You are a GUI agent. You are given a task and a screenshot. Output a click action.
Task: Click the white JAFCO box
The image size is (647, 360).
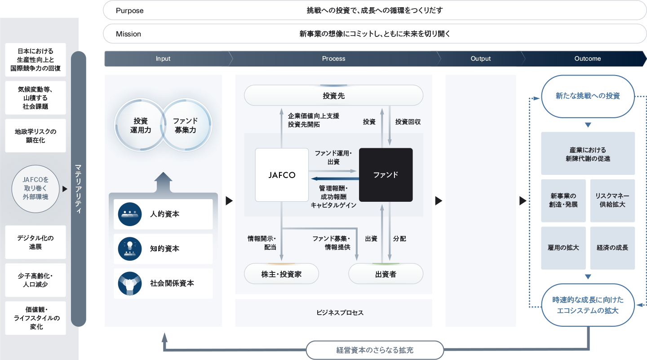coord(281,175)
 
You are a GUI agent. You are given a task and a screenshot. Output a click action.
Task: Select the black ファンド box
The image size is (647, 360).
coord(386,175)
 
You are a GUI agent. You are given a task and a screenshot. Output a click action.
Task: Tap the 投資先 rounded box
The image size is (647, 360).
coord(333,96)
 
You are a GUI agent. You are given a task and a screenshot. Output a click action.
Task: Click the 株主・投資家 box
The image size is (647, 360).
coord(281,274)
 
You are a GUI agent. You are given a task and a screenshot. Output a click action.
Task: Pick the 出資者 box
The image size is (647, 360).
coord(386,274)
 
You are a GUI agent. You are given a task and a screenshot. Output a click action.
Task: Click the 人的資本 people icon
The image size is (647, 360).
coord(130,214)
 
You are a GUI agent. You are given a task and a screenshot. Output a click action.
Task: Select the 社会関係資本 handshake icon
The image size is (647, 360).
coord(130,284)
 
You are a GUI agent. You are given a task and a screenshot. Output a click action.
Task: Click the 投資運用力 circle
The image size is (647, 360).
coord(140,125)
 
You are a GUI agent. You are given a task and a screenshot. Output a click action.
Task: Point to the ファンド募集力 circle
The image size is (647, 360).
coord(185,125)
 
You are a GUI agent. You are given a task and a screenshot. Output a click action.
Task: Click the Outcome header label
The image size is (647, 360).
coord(587,58)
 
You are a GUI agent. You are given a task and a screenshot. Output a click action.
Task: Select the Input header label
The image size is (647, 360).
coord(163,58)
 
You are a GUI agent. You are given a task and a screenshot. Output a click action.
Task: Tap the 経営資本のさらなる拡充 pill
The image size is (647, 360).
coord(375,350)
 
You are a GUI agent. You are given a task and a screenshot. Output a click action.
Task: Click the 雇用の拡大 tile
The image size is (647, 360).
coord(563,248)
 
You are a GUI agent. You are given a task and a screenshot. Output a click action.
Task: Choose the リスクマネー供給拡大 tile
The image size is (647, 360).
coord(612,200)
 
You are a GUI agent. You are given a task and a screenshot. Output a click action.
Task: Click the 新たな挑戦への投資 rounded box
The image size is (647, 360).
coord(588,96)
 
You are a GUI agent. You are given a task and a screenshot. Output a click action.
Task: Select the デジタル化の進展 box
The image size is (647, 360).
coord(36,242)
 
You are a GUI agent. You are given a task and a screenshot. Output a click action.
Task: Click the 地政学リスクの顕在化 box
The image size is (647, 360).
coord(36,136)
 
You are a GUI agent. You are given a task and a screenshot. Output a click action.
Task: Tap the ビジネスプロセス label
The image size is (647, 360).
coord(333,313)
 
